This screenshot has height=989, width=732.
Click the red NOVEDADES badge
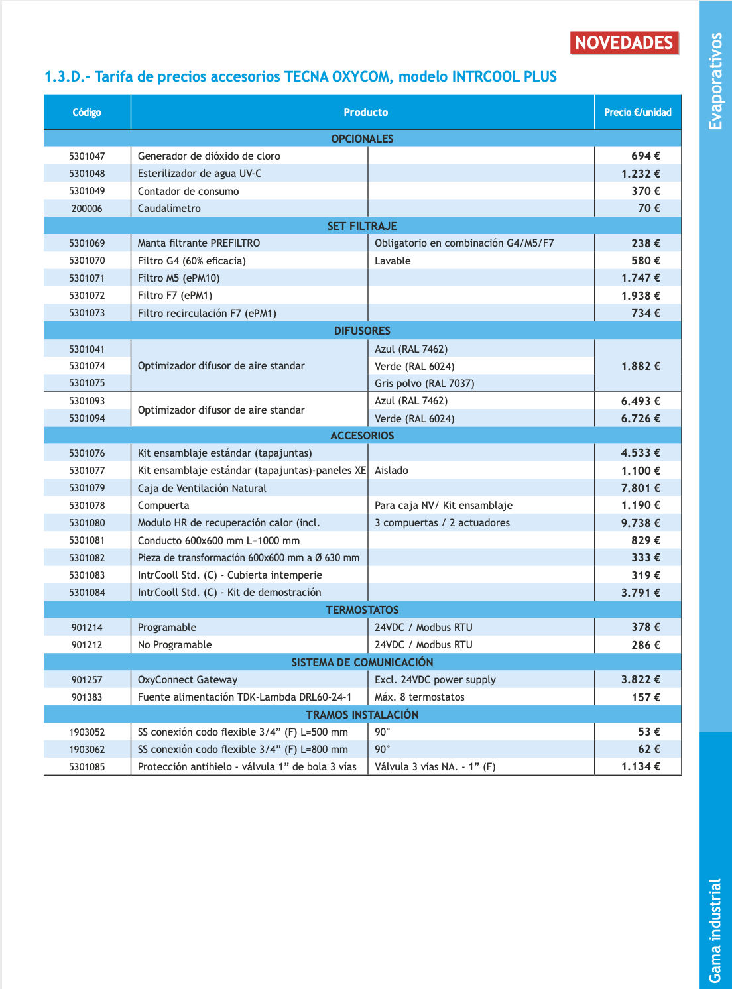click(x=624, y=43)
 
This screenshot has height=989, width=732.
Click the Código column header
click(x=87, y=113)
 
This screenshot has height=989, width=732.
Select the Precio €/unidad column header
click(x=637, y=113)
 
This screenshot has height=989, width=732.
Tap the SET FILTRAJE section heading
click(x=362, y=226)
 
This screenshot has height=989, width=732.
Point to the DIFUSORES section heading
click(x=362, y=331)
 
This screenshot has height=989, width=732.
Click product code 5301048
click(x=87, y=174)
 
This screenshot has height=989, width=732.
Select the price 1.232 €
click(x=640, y=174)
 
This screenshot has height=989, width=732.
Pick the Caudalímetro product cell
click(x=169, y=208)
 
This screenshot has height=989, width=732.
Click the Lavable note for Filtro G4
click(x=393, y=261)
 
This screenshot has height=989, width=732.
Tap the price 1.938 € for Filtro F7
click(x=640, y=296)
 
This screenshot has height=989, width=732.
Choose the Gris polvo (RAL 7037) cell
click(x=424, y=383)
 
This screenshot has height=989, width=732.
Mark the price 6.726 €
click(x=640, y=418)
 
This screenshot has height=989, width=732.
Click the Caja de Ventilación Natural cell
click(x=202, y=488)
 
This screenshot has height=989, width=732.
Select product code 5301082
click(x=87, y=558)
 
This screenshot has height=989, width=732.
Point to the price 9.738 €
click(x=640, y=523)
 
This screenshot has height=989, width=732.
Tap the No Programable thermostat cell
click(x=175, y=645)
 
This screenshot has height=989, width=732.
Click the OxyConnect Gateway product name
click(x=188, y=680)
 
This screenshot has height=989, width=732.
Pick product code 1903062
click(x=87, y=750)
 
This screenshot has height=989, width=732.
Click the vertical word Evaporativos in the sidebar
click(x=715, y=81)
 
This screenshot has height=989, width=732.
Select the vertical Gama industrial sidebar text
click(x=715, y=930)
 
